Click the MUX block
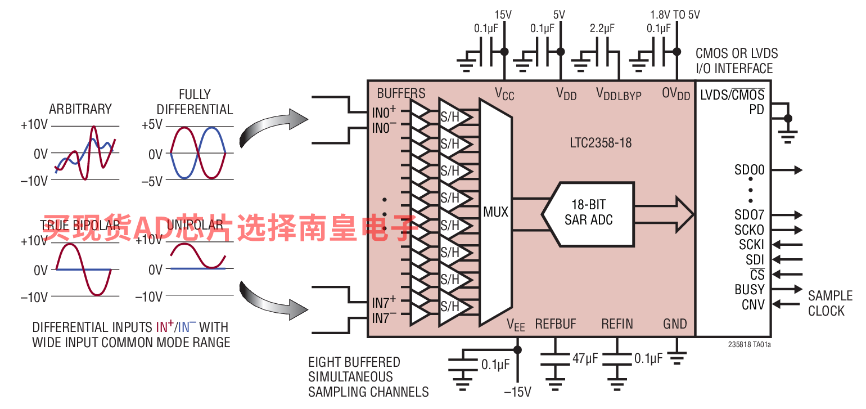tap(495, 212)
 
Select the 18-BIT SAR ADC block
tap(588, 212)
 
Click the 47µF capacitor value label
tap(584, 358)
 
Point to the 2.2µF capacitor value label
tap(602, 28)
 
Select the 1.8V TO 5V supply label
tap(675, 15)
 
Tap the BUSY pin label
tap(750, 290)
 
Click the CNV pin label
tap(753, 305)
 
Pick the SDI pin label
tap(755, 260)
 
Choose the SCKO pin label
tap(750, 230)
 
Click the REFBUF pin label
tap(556, 324)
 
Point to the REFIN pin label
tap(617, 324)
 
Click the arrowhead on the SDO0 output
tap(798, 170)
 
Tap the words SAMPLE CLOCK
tap(829, 303)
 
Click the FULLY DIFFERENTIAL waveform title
tap(195, 102)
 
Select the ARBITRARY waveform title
tap(80, 109)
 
